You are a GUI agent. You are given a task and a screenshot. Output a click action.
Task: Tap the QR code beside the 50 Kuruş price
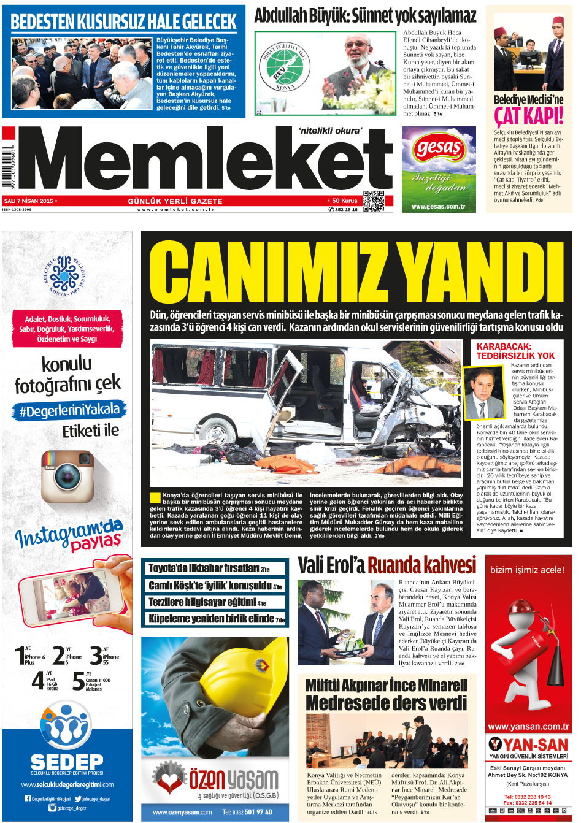click(x=373, y=201)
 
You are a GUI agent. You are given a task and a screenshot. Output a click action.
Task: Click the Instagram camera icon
click(x=67, y=477)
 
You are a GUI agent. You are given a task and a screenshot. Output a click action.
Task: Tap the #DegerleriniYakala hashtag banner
click(x=69, y=410)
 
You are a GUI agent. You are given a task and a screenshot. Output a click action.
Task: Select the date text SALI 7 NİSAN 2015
click(x=29, y=201)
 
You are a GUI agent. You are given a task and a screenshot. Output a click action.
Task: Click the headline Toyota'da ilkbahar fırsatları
click(x=209, y=568)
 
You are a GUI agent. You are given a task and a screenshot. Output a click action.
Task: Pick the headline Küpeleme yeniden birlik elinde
click(x=217, y=619)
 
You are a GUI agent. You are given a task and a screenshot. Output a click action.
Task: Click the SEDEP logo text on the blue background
click(x=67, y=762)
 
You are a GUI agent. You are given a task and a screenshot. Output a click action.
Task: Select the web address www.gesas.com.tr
click(x=438, y=207)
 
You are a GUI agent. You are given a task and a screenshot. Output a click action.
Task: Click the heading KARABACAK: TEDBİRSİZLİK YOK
click(x=515, y=351)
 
